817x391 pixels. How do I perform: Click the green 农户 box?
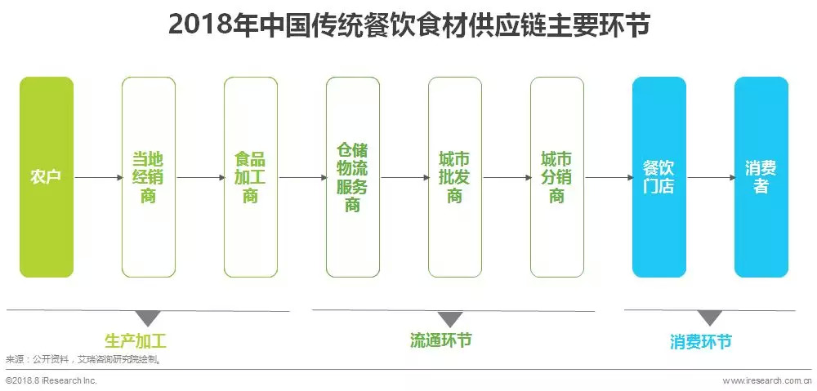[47, 177]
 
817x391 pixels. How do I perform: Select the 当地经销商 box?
[148, 177]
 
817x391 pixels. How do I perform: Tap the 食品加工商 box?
[250, 177]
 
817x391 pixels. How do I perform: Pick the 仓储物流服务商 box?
[352, 177]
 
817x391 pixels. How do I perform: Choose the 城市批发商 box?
[454, 177]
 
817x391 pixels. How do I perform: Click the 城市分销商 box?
[556, 177]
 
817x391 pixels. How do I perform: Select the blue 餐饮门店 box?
[659, 177]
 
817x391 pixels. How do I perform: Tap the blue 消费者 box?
[761, 177]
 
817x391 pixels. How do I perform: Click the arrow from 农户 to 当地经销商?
[97, 177]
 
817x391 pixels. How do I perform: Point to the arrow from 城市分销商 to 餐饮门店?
[608, 177]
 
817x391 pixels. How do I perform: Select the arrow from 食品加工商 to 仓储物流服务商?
[301, 177]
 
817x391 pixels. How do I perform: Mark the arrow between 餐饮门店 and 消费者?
[710, 177]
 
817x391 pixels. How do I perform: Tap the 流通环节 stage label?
[440, 340]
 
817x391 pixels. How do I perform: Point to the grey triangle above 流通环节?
[449, 318]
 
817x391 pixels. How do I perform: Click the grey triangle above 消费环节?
[710, 318]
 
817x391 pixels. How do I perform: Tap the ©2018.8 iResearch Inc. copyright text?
[51, 380]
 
